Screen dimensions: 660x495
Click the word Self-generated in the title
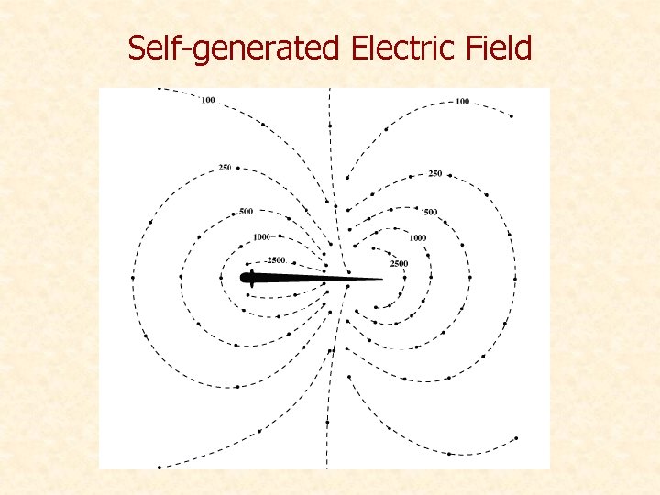pos(233,48)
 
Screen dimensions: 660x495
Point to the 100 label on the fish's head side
pos(208,99)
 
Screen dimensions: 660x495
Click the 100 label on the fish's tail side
pos(461,101)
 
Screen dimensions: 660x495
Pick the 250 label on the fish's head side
pos(225,167)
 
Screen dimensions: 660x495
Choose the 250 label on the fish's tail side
pos(434,173)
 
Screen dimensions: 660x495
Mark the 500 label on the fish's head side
pos(246,212)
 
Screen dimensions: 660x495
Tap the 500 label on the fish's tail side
pos(430,213)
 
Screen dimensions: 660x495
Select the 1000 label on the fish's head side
pos(261,236)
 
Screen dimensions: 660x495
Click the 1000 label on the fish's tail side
pos(418,237)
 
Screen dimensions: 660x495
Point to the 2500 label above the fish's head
pos(266,260)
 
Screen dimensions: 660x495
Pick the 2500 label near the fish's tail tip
pos(399,264)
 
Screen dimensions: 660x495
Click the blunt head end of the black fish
pos(244,278)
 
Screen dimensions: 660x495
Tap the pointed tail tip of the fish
pos(380,279)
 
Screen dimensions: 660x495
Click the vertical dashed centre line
pos(329,137)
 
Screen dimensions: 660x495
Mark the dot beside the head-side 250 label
pos(236,168)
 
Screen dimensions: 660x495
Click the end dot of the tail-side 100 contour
pos(511,116)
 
